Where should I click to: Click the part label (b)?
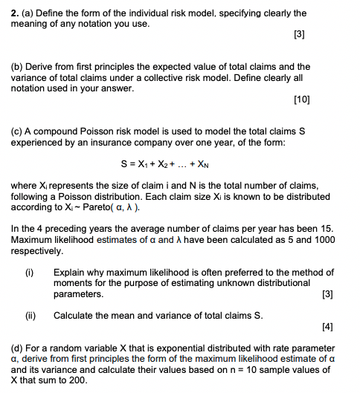pos(19,67)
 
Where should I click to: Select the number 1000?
pos(321,240)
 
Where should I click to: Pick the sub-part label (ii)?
pos(30,315)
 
